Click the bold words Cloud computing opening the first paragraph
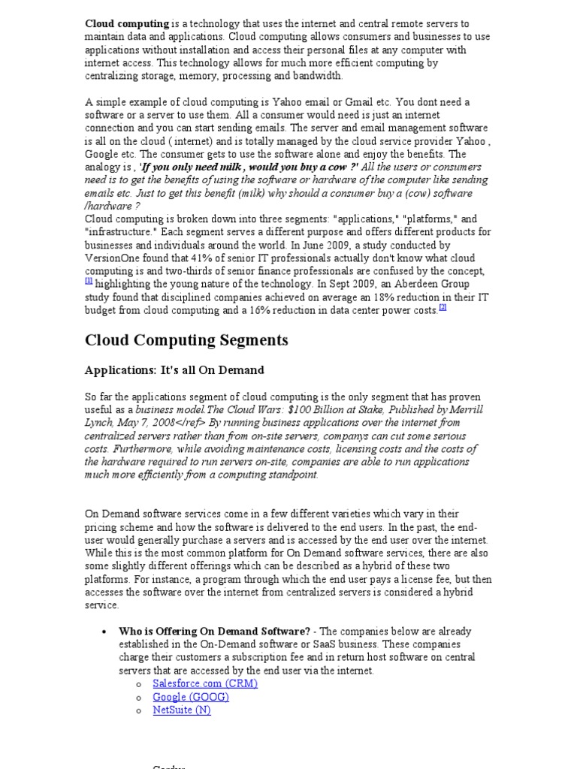[x=126, y=24]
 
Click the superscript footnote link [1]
[x=89, y=281]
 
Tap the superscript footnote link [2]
[x=443, y=307]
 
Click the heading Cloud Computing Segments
[x=186, y=340]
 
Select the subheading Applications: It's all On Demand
[x=174, y=370]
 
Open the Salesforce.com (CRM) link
[x=205, y=683]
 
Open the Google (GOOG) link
[x=191, y=697]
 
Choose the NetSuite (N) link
[x=182, y=710]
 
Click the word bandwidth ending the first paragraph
[x=318, y=76]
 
